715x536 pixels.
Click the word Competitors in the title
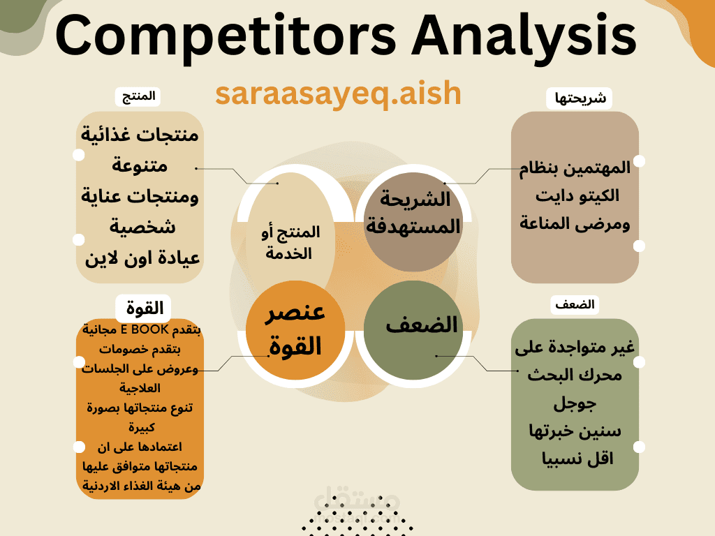point(226,36)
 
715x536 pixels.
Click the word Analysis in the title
point(524,36)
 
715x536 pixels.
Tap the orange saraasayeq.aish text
point(339,94)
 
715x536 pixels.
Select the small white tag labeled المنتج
point(138,96)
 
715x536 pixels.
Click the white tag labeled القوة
point(144,308)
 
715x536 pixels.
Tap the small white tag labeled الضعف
point(575,304)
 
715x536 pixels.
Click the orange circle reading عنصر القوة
point(295,330)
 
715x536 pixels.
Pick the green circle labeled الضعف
point(413,330)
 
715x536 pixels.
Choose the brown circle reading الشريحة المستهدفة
point(413,222)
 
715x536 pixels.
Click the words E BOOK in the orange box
point(145,329)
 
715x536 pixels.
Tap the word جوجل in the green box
point(575,404)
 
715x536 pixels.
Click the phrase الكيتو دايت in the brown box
point(577,196)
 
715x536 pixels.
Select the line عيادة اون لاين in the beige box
point(142,258)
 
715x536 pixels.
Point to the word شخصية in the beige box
point(142,227)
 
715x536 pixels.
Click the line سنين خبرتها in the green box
point(575,431)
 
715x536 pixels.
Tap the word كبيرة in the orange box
point(142,427)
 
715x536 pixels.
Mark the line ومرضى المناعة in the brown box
point(575,224)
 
